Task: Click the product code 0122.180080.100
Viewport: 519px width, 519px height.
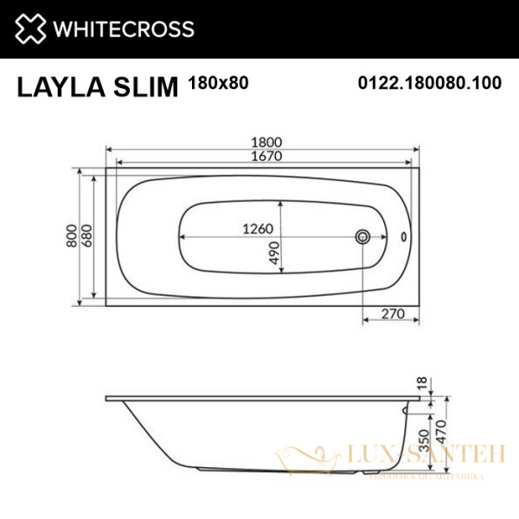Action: coord(430,83)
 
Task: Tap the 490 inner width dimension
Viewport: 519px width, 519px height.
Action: coord(272,253)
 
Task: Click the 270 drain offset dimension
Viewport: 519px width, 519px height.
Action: coord(394,315)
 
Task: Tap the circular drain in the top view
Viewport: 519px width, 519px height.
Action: coord(363,236)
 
